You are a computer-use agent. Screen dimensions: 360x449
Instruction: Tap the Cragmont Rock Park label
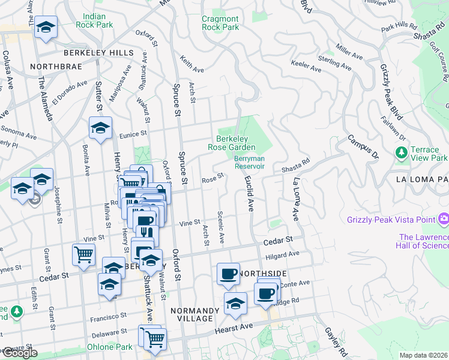tap(220, 23)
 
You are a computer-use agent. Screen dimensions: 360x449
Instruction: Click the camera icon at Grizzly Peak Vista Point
tap(444, 218)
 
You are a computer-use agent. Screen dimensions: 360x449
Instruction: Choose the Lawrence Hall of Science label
tap(423, 241)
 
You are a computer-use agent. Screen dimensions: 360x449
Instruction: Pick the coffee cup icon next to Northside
tap(228, 274)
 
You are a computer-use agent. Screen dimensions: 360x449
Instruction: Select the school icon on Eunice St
tap(100, 127)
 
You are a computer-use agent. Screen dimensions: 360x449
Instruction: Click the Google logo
tap(19, 353)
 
